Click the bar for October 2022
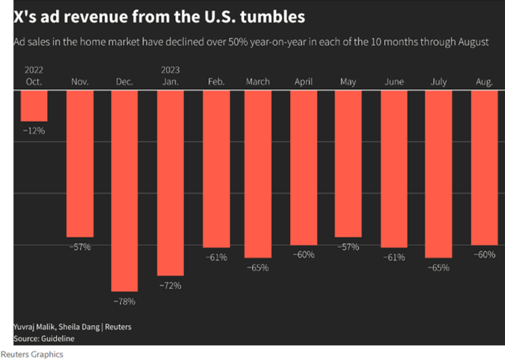34,106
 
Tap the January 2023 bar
170,183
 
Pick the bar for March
258,174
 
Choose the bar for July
439,174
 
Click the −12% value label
34,130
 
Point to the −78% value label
124,301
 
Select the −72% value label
170,286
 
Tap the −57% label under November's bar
80,247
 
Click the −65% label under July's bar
439,268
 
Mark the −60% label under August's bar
484,255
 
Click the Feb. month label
216,82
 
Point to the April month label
303,82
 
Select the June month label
394,82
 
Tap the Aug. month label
484,82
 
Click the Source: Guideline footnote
44,338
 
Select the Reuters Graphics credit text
32,354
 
